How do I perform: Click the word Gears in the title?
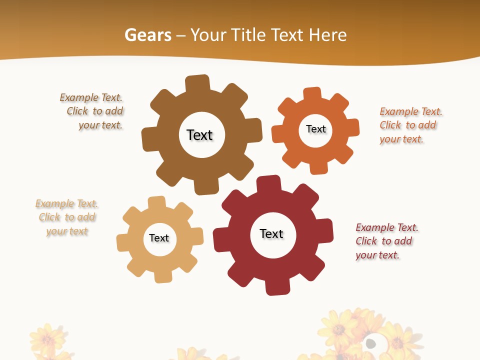pyautogui.click(x=147, y=35)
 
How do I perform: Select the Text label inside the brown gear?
pyautogui.click(x=199, y=135)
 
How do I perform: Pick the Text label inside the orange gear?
pyautogui.click(x=315, y=129)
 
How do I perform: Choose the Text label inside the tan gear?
pyautogui.click(x=159, y=238)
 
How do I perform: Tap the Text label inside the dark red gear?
pyautogui.click(x=271, y=233)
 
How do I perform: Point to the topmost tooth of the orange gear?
pyautogui.click(x=312, y=93)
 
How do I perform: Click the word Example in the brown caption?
pyautogui.click(x=79, y=97)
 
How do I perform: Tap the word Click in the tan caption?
pyautogui.click(x=49, y=217)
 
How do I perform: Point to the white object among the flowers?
pyautogui.click(x=371, y=343)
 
